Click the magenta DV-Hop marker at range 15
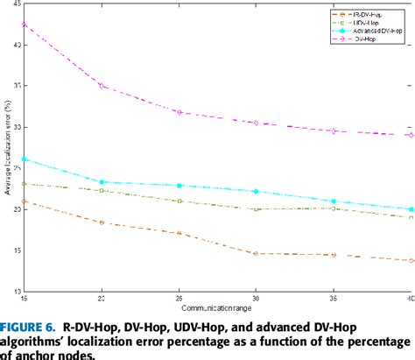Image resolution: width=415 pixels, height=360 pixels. click(25, 24)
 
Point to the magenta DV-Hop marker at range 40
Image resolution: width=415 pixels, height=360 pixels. click(411, 135)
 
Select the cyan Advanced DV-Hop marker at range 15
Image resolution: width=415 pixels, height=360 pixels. click(25, 159)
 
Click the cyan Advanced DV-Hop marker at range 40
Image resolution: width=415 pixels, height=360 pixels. click(411, 209)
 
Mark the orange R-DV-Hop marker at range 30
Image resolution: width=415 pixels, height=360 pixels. click(256, 253)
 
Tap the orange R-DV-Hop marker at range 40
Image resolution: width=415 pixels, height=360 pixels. click(411, 260)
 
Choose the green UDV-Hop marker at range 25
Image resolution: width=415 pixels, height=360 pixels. click(179, 201)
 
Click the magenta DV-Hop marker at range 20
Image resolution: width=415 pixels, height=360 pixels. click(102, 86)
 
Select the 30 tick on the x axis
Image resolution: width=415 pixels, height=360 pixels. click(256, 299)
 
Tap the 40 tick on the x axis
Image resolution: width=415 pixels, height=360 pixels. click(409, 299)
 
